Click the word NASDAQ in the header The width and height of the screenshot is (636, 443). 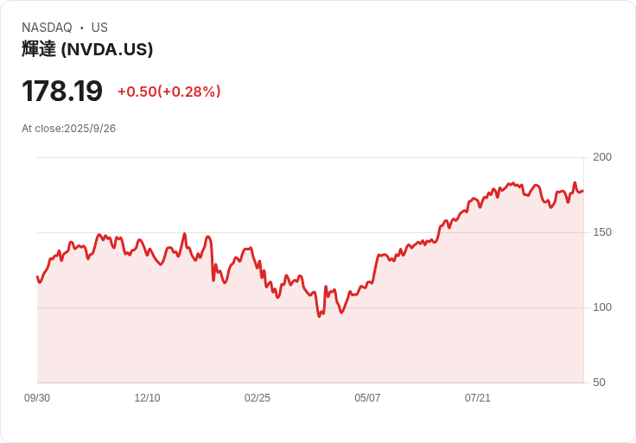[x=47, y=28]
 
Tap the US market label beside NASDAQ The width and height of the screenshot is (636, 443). [x=99, y=28]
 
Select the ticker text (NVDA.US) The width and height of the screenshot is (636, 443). [x=107, y=49]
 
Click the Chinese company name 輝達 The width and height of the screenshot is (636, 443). [x=39, y=49]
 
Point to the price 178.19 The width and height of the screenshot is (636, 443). [x=62, y=91]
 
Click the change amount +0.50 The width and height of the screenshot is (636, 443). [x=137, y=92]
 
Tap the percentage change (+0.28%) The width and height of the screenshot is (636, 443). [x=189, y=92]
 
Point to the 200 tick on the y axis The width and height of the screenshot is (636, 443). [x=602, y=157]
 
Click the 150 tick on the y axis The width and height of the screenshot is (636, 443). [x=602, y=232]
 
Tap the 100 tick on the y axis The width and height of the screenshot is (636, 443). [x=602, y=307]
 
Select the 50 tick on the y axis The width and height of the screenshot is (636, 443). [x=599, y=383]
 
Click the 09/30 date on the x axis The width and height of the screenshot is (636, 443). [x=37, y=398]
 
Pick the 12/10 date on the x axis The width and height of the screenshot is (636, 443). [x=147, y=398]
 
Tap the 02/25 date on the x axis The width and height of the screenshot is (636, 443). [x=258, y=398]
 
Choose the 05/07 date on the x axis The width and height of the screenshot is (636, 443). [x=367, y=398]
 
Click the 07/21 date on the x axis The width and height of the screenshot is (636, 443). [x=478, y=398]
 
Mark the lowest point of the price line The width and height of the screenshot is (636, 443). [x=319, y=317]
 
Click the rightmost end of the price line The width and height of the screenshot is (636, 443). [x=582, y=191]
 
